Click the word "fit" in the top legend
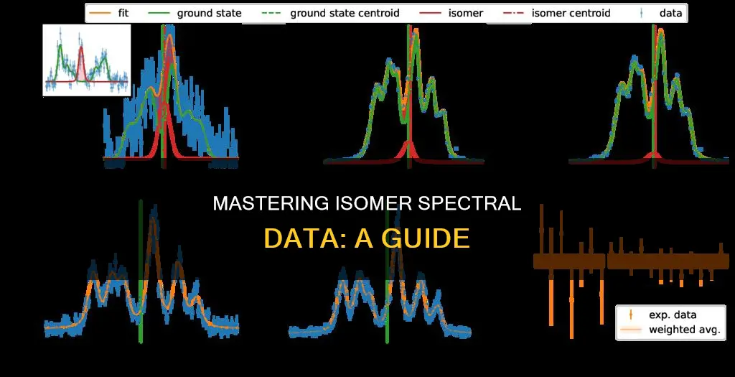(123, 13)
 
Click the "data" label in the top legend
(672, 13)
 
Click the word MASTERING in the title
(269, 205)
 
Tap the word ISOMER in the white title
(368, 205)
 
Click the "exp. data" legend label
(672, 315)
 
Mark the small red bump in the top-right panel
(653, 154)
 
